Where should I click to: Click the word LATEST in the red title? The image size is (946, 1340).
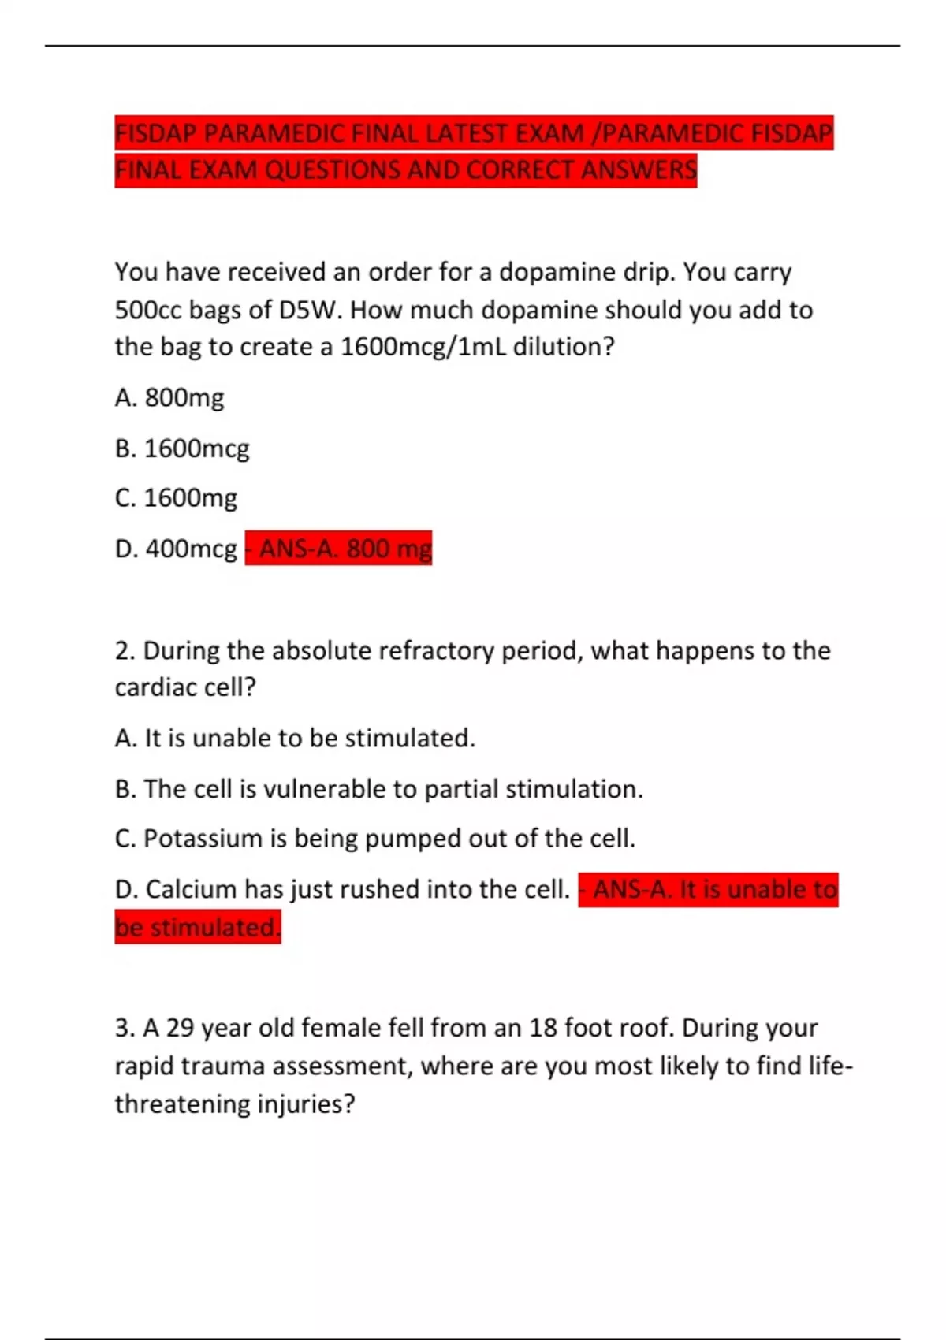coord(467,133)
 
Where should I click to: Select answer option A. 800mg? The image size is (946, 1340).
coord(169,397)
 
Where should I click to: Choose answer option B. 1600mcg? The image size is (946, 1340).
coord(182,449)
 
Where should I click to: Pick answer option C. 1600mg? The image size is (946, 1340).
coord(176,498)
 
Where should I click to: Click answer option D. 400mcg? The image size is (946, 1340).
coord(176,549)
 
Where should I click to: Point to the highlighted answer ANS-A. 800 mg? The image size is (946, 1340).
coord(339,549)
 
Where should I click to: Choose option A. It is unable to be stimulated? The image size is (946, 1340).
coord(295,739)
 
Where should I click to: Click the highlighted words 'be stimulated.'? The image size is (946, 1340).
coord(198,928)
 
